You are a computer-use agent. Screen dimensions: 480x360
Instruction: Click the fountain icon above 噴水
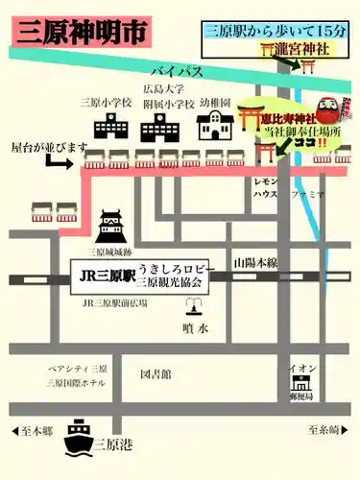pos(194,308)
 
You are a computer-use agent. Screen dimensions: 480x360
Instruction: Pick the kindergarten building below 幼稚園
pos(213,126)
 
